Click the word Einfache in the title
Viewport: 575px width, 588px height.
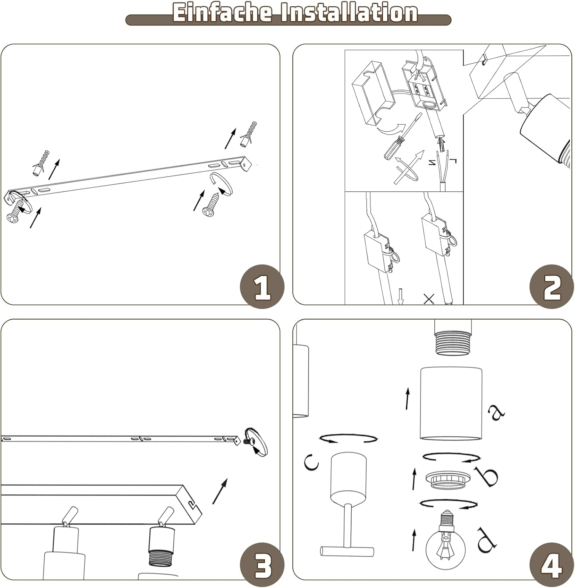coord(222,13)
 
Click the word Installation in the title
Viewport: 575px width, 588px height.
coord(348,13)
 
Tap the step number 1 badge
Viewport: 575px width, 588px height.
coord(262,287)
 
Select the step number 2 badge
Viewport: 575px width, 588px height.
coord(551,287)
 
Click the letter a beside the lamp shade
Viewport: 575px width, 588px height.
coord(496,411)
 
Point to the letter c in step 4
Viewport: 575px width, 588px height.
coord(312,462)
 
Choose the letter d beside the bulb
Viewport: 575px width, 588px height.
coord(486,540)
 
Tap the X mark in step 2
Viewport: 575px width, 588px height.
coord(429,299)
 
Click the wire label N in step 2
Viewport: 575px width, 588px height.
coord(433,162)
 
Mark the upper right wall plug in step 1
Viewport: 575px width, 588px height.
coord(249,134)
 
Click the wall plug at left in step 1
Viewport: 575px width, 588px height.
coord(42,162)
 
